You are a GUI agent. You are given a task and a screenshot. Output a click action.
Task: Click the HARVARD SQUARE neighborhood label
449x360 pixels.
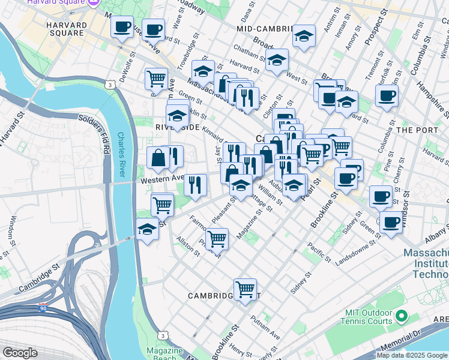pyautogui.click(x=65, y=28)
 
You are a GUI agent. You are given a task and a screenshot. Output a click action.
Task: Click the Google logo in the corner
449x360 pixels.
pyautogui.click(x=20, y=353)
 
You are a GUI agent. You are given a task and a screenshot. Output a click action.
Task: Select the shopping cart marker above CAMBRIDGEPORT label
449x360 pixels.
pyautogui.click(x=245, y=290)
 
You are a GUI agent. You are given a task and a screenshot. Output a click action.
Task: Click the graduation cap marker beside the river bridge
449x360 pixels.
pyautogui.click(x=147, y=229)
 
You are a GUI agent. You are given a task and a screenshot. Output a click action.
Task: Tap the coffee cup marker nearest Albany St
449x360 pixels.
pyautogui.click(x=391, y=222)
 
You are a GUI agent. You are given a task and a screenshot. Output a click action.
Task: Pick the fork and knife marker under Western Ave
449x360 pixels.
pyautogui.click(x=194, y=185)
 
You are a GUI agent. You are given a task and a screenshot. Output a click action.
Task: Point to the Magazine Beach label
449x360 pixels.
pyautogui.click(x=164, y=354)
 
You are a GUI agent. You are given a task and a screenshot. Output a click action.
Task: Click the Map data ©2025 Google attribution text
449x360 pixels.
pyautogui.click(x=412, y=355)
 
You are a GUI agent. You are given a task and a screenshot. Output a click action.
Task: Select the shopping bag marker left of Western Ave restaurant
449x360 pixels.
pyautogui.click(x=158, y=158)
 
